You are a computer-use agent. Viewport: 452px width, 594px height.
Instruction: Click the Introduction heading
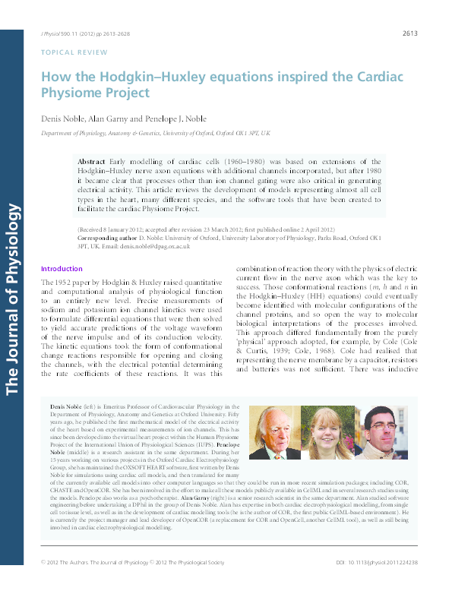tap(61, 269)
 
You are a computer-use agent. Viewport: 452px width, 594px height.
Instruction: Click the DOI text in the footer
tap(377, 583)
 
